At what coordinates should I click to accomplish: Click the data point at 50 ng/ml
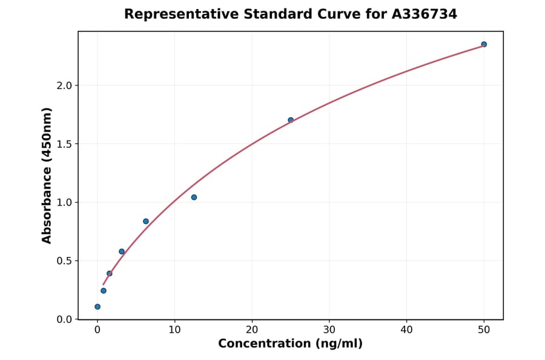click(x=484, y=44)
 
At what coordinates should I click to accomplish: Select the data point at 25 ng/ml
click(x=291, y=120)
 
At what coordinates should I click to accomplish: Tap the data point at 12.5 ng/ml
click(x=194, y=197)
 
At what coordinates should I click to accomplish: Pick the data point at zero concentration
click(x=97, y=307)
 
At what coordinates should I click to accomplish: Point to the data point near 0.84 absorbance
click(x=146, y=221)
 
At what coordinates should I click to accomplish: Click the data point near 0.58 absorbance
click(x=122, y=252)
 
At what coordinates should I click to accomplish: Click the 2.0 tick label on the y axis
click(x=64, y=85)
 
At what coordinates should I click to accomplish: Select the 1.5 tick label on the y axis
click(x=64, y=144)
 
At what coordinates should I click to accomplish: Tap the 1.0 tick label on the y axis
click(x=64, y=202)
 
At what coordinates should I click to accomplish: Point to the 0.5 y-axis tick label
click(x=64, y=261)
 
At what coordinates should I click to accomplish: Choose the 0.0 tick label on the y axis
click(x=64, y=319)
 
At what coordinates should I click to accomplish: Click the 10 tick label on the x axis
click(x=174, y=330)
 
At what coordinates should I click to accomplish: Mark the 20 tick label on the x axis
click(x=252, y=330)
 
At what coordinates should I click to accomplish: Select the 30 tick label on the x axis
click(x=329, y=330)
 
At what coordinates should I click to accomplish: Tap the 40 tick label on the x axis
click(x=406, y=330)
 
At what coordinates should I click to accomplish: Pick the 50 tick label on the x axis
click(x=484, y=330)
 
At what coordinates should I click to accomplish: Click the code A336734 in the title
click(x=423, y=14)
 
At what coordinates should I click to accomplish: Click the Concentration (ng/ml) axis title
click(x=290, y=344)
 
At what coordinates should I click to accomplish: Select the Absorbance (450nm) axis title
click(x=47, y=175)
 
